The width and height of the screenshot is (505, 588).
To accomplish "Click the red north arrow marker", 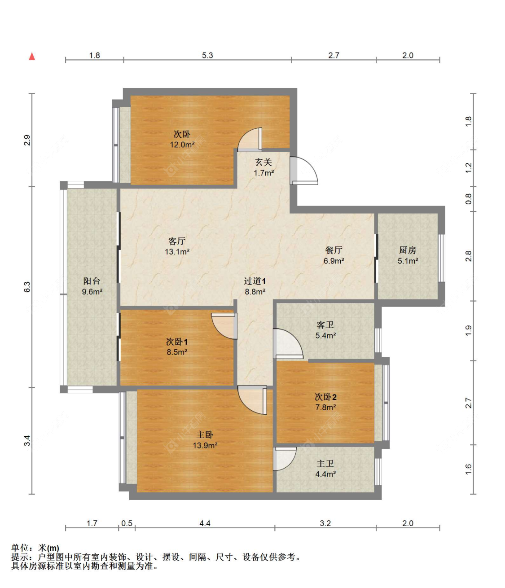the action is pyautogui.click(x=32, y=56).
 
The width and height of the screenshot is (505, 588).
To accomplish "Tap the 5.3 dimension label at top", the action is pyautogui.click(x=207, y=55).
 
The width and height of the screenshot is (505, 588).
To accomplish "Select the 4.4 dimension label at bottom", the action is pyautogui.click(x=205, y=523).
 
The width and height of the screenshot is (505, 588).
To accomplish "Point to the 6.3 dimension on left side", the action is pyautogui.click(x=27, y=287).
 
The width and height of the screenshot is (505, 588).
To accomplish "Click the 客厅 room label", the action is pyautogui.click(x=177, y=241).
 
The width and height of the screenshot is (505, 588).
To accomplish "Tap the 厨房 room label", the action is pyautogui.click(x=408, y=250).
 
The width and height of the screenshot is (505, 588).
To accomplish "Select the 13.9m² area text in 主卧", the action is pyautogui.click(x=205, y=445).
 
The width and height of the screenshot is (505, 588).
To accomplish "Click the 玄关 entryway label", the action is pyautogui.click(x=263, y=162).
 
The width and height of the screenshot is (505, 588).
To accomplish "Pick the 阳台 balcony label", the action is pyautogui.click(x=92, y=281).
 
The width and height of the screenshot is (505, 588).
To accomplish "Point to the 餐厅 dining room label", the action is pyautogui.click(x=334, y=250).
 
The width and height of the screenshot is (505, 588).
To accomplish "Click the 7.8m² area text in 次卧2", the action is pyautogui.click(x=326, y=408).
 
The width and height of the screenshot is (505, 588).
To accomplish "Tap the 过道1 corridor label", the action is pyautogui.click(x=255, y=281).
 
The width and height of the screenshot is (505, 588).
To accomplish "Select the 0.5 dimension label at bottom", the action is pyautogui.click(x=127, y=523).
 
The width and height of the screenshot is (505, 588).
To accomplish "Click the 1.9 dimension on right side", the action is pyautogui.click(x=468, y=330).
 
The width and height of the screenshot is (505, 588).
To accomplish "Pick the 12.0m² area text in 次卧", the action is pyautogui.click(x=182, y=145).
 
